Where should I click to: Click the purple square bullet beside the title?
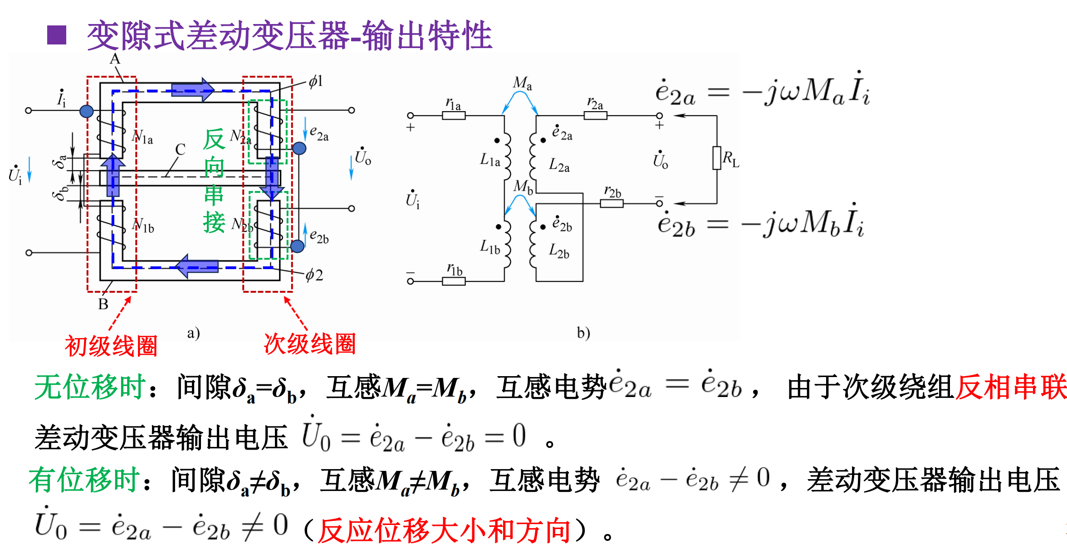(57, 35)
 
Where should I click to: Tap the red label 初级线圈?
(111, 346)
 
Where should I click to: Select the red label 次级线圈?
(310, 344)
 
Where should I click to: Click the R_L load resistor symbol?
(717, 158)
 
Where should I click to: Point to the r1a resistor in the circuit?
(454, 115)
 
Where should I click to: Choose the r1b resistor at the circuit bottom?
(454, 281)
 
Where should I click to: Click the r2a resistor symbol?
(595, 115)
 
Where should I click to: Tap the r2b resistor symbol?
(612, 204)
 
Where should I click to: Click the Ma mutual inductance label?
(522, 83)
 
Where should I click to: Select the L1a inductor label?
(490, 160)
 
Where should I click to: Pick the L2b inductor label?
(559, 250)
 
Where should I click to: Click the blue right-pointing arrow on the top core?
(193, 89)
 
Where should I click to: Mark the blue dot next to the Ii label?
(87, 111)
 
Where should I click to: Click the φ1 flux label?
(316, 82)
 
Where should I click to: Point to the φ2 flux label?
(314, 275)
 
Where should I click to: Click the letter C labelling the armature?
(180, 150)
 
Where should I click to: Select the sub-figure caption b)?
(583, 333)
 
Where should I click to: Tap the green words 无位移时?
(90, 387)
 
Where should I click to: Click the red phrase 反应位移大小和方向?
(444, 530)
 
